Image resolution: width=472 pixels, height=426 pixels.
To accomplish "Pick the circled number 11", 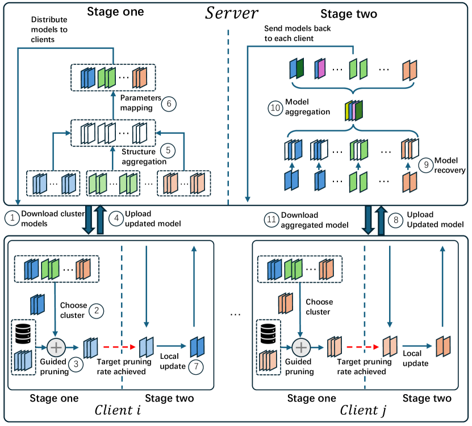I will point(273,218).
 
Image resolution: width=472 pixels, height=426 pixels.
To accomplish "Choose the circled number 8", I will point(395,218).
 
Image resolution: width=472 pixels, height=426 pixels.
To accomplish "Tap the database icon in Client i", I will point(22,331).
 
